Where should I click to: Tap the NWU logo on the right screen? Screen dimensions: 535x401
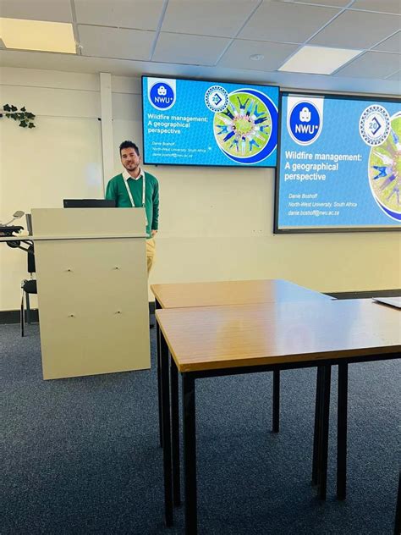point(305,122)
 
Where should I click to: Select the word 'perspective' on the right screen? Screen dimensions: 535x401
point(305,176)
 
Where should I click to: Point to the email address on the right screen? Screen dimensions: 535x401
point(312,212)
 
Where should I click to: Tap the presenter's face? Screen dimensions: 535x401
point(129,158)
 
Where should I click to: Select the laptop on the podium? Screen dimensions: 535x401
point(89,203)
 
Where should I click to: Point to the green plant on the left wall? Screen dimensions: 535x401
point(19,115)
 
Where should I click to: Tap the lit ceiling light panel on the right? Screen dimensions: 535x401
point(319,59)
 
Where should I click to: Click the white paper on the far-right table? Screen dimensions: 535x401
point(389,301)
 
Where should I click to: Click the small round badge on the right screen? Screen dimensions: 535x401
point(373,124)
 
